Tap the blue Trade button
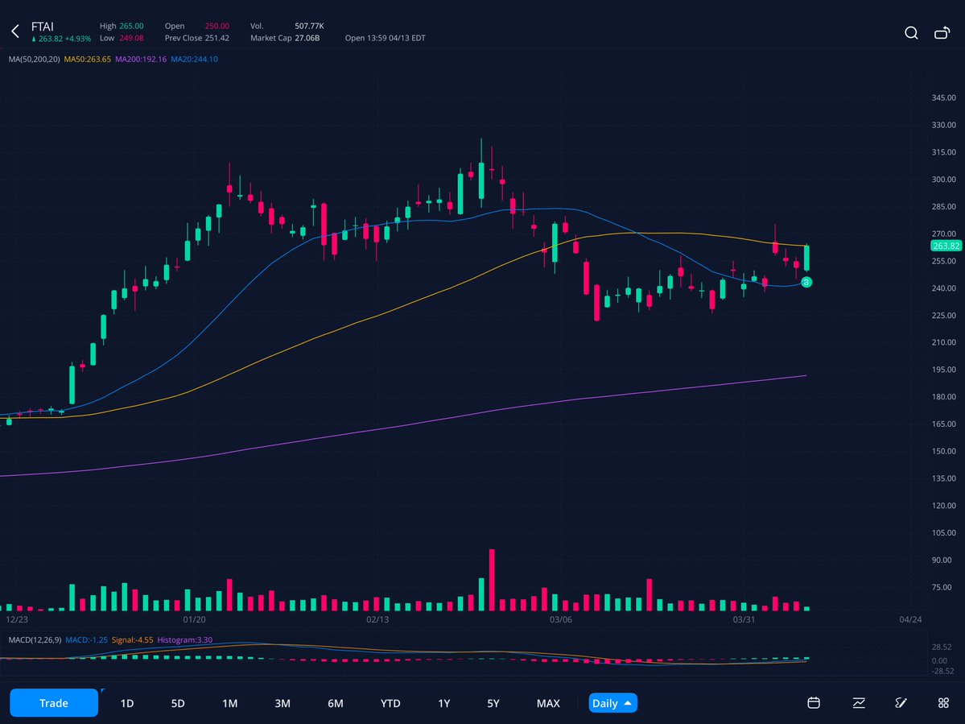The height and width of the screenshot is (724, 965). pos(54,703)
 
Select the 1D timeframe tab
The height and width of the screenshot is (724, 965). pos(127,703)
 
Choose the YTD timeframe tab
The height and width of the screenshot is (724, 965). pos(390,703)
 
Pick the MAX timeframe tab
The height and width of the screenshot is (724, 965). pos(548,703)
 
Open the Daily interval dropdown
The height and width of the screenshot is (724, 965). pos(612,703)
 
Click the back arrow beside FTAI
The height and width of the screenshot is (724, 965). pos(14,32)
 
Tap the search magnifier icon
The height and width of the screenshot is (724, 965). pos(911,33)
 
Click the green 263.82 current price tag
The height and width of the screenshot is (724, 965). pos(946,246)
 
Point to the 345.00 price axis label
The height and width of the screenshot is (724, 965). pos(943,98)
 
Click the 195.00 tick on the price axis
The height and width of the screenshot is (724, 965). pos(943,370)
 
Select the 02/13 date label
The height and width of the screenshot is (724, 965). pos(377,620)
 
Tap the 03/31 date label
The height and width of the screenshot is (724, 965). pos(744,620)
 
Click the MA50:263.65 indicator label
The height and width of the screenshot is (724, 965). pos(88,59)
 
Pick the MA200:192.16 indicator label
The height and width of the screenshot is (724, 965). pos(141,59)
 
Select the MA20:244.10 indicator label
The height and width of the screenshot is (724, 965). pos(194,59)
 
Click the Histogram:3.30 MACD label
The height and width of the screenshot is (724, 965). pos(184,639)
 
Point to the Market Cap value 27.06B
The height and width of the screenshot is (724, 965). pos(306,38)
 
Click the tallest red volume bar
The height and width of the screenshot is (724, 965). pos(491,580)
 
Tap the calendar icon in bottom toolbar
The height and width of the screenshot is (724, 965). pos(814,703)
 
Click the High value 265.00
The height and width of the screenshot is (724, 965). pos(131,26)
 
